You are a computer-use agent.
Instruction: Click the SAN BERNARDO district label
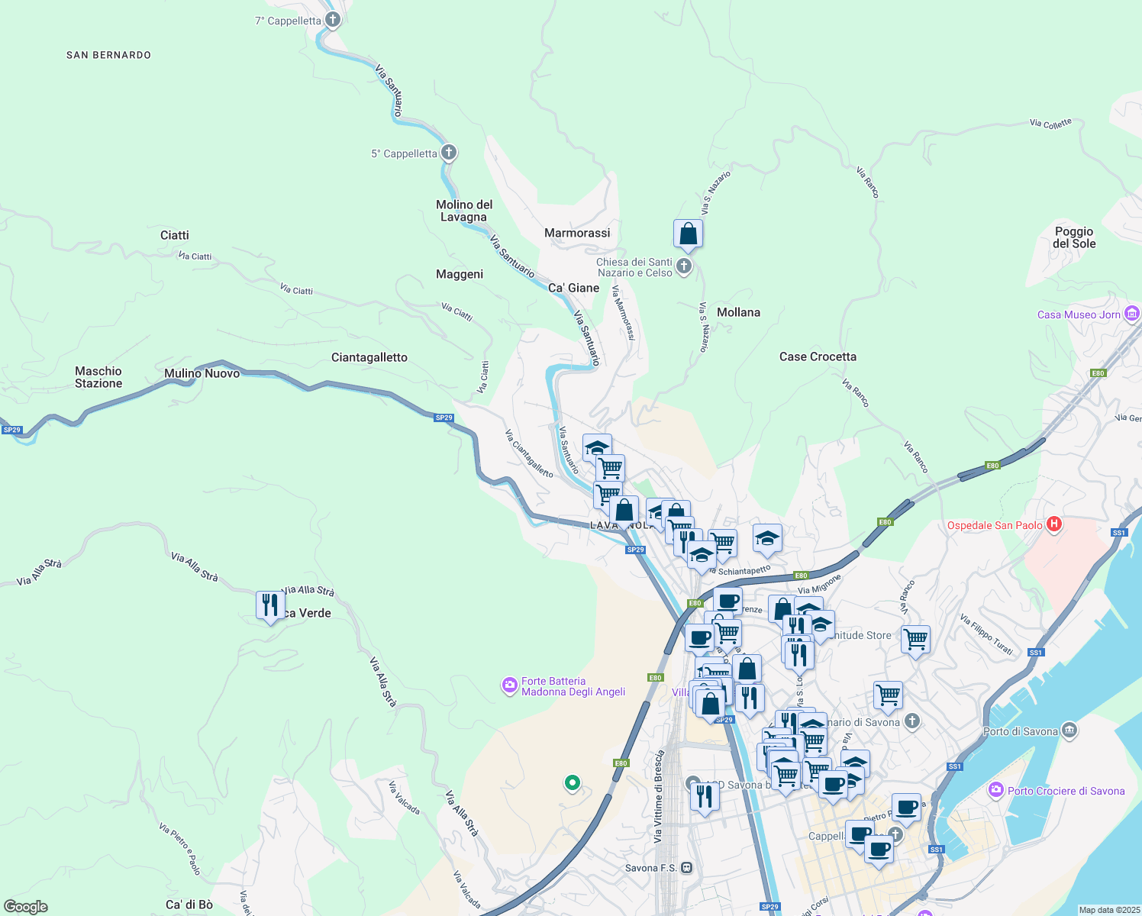coord(108,55)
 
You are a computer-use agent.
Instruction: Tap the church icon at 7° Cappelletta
coord(332,20)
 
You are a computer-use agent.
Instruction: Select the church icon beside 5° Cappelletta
coord(449,153)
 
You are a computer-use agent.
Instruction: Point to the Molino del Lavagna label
coord(464,211)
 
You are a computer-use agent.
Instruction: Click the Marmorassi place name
coord(577,233)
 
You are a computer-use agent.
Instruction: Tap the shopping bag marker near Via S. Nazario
coord(688,235)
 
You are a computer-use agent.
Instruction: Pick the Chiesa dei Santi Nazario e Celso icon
coord(684,266)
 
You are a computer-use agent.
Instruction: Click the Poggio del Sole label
coord(1074,237)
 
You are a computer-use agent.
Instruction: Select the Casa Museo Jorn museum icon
coord(1132,314)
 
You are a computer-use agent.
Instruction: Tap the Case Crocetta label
coord(818,356)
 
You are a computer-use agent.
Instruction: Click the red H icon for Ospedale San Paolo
coord(1054,524)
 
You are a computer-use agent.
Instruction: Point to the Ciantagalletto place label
coord(369,357)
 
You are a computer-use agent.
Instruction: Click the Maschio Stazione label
coord(98,377)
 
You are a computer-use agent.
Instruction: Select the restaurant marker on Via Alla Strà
coord(269,606)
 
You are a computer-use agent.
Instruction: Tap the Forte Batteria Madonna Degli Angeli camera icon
coord(509,685)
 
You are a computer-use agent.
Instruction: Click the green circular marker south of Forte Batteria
coord(572,782)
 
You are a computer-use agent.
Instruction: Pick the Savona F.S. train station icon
coord(687,868)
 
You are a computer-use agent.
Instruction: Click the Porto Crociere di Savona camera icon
coord(995,790)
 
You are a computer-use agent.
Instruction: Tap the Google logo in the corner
coord(26,907)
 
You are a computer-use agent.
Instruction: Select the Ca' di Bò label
coord(189,905)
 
